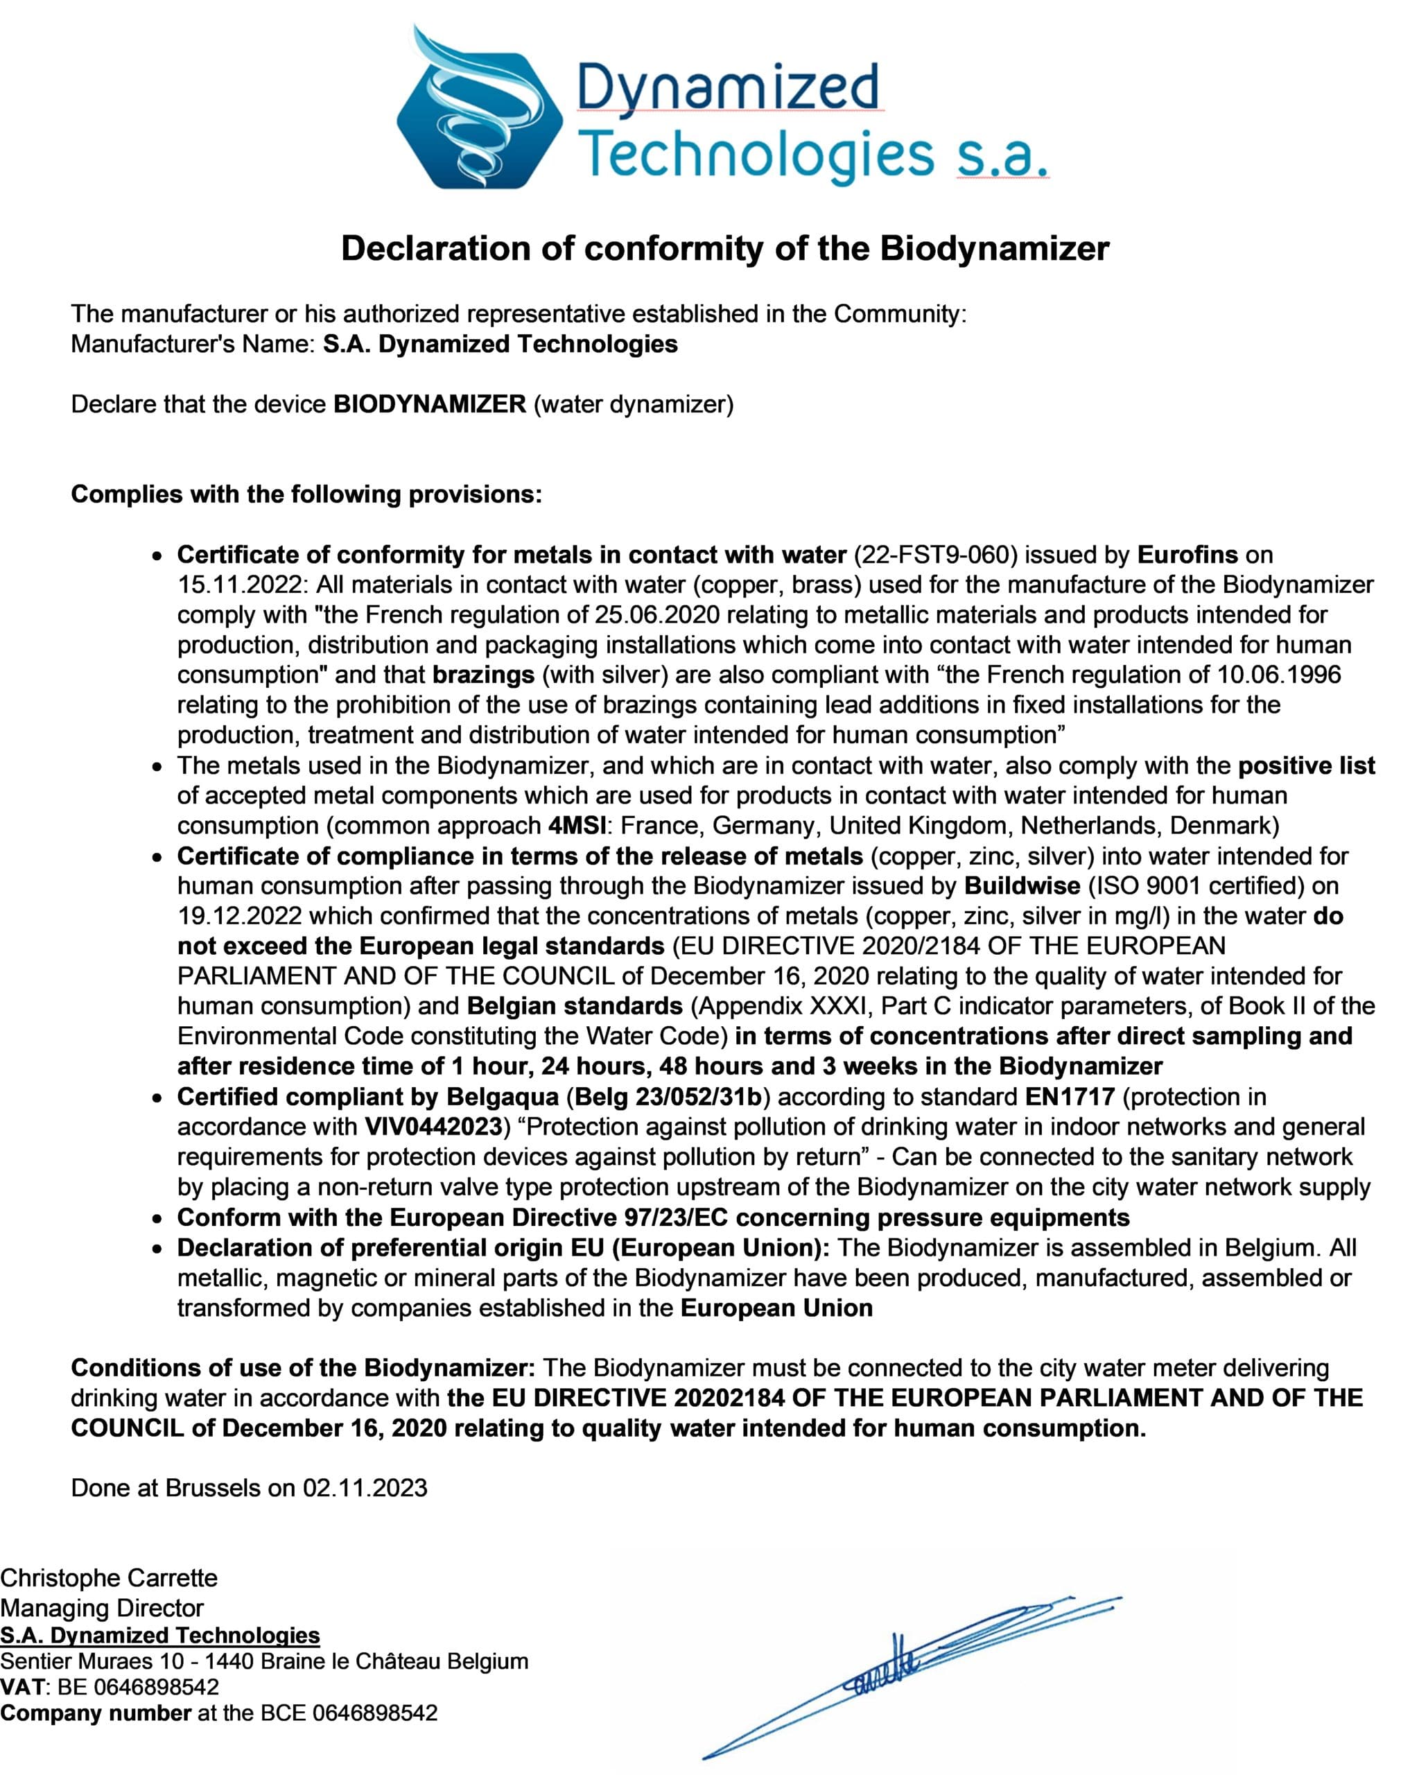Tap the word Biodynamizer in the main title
(x=994, y=249)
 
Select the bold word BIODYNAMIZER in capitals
(x=430, y=404)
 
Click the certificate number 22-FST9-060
(x=934, y=555)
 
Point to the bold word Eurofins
(x=1187, y=555)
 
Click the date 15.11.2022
(x=240, y=585)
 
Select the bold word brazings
(x=483, y=675)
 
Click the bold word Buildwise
(x=1022, y=886)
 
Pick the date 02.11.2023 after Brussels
(x=365, y=1488)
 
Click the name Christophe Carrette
(x=110, y=1578)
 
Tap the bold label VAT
(x=22, y=1687)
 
